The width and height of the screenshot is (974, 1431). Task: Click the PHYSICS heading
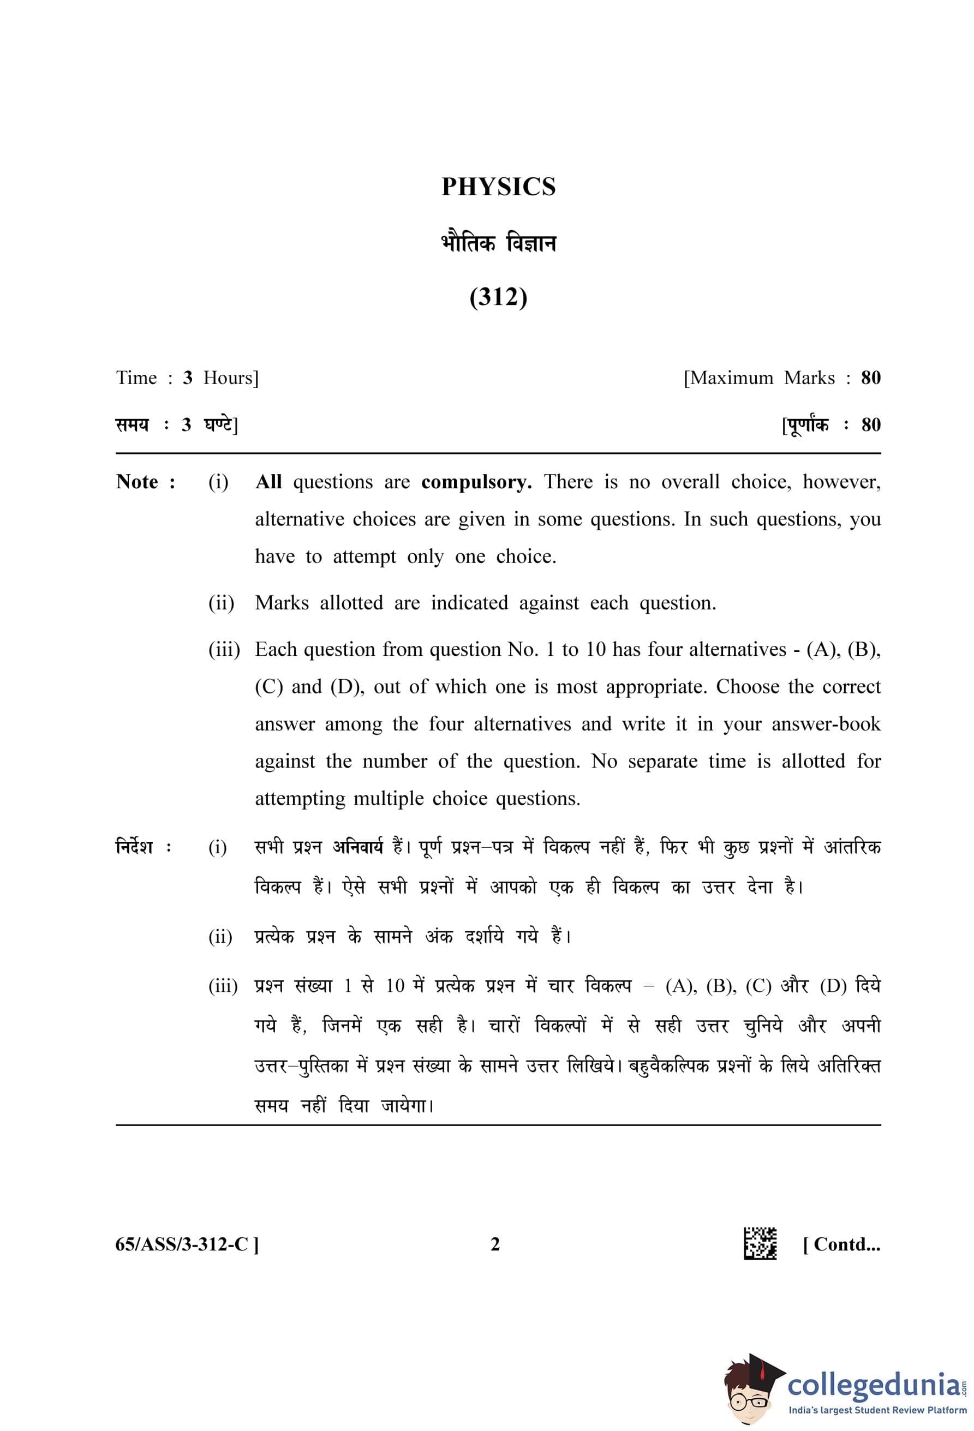(x=498, y=187)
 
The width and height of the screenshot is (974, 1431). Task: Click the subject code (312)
(x=498, y=297)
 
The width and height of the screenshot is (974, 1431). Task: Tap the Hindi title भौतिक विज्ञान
(x=498, y=244)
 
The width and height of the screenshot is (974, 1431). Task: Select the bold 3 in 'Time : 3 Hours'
(x=187, y=378)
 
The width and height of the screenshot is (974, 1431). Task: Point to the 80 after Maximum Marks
(x=870, y=378)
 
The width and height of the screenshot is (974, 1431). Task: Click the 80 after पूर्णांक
(x=870, y=425)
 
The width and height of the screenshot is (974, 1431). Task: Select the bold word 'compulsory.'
(x=476, y=482)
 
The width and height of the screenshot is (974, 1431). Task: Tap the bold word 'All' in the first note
(x=268, y=482)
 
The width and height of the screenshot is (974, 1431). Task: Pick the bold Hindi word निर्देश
(x=134, y=847)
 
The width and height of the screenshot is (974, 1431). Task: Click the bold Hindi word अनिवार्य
(x=358, y=847)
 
